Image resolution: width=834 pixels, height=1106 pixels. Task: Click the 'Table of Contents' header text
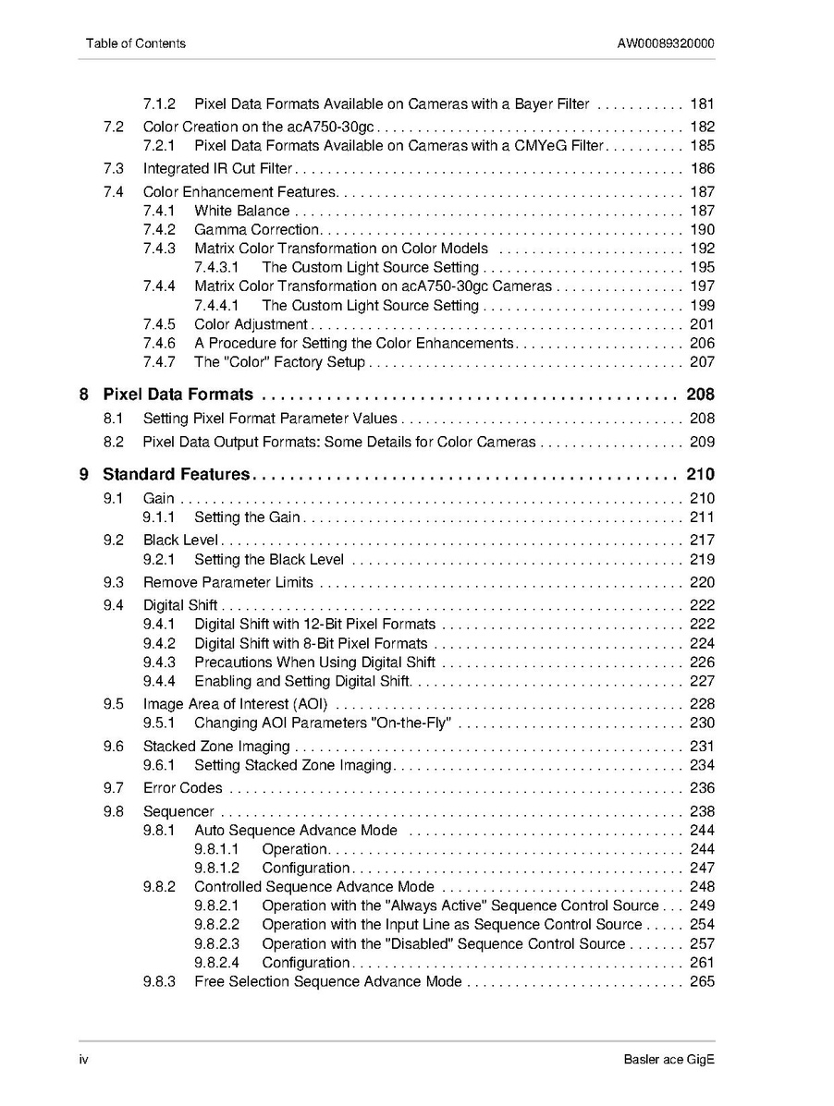(135, 43)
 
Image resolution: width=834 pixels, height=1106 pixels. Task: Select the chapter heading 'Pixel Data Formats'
(178, 395)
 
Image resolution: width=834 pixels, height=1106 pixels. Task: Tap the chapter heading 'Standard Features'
(176, 475)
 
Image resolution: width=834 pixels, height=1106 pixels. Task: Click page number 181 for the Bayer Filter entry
(702, 104)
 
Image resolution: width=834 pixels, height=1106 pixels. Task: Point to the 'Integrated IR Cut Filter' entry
(217, 169)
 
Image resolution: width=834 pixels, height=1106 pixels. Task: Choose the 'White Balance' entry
(241, 212)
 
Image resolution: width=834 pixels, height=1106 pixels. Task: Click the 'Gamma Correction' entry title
(256, 230)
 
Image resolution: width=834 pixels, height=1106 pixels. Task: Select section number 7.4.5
(159, 324)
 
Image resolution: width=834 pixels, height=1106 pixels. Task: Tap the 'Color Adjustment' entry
(251, 324)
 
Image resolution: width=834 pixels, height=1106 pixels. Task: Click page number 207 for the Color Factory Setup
(702, 362)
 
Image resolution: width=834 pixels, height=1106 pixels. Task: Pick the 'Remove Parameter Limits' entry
(227, 583)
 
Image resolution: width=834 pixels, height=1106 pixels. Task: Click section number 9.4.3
(159, 662)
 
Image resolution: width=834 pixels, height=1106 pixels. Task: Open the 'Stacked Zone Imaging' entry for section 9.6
(216, 747)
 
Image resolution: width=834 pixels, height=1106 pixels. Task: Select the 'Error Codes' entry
(182, 788)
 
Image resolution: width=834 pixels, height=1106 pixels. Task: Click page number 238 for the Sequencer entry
(702, 812)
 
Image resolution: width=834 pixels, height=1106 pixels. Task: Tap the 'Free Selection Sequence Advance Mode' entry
(327, 981)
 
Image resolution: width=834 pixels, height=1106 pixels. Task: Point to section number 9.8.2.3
(216, 944)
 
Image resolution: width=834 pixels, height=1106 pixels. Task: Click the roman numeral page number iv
(82, 1060)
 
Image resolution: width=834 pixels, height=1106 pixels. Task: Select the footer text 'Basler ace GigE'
(668, 1060)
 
